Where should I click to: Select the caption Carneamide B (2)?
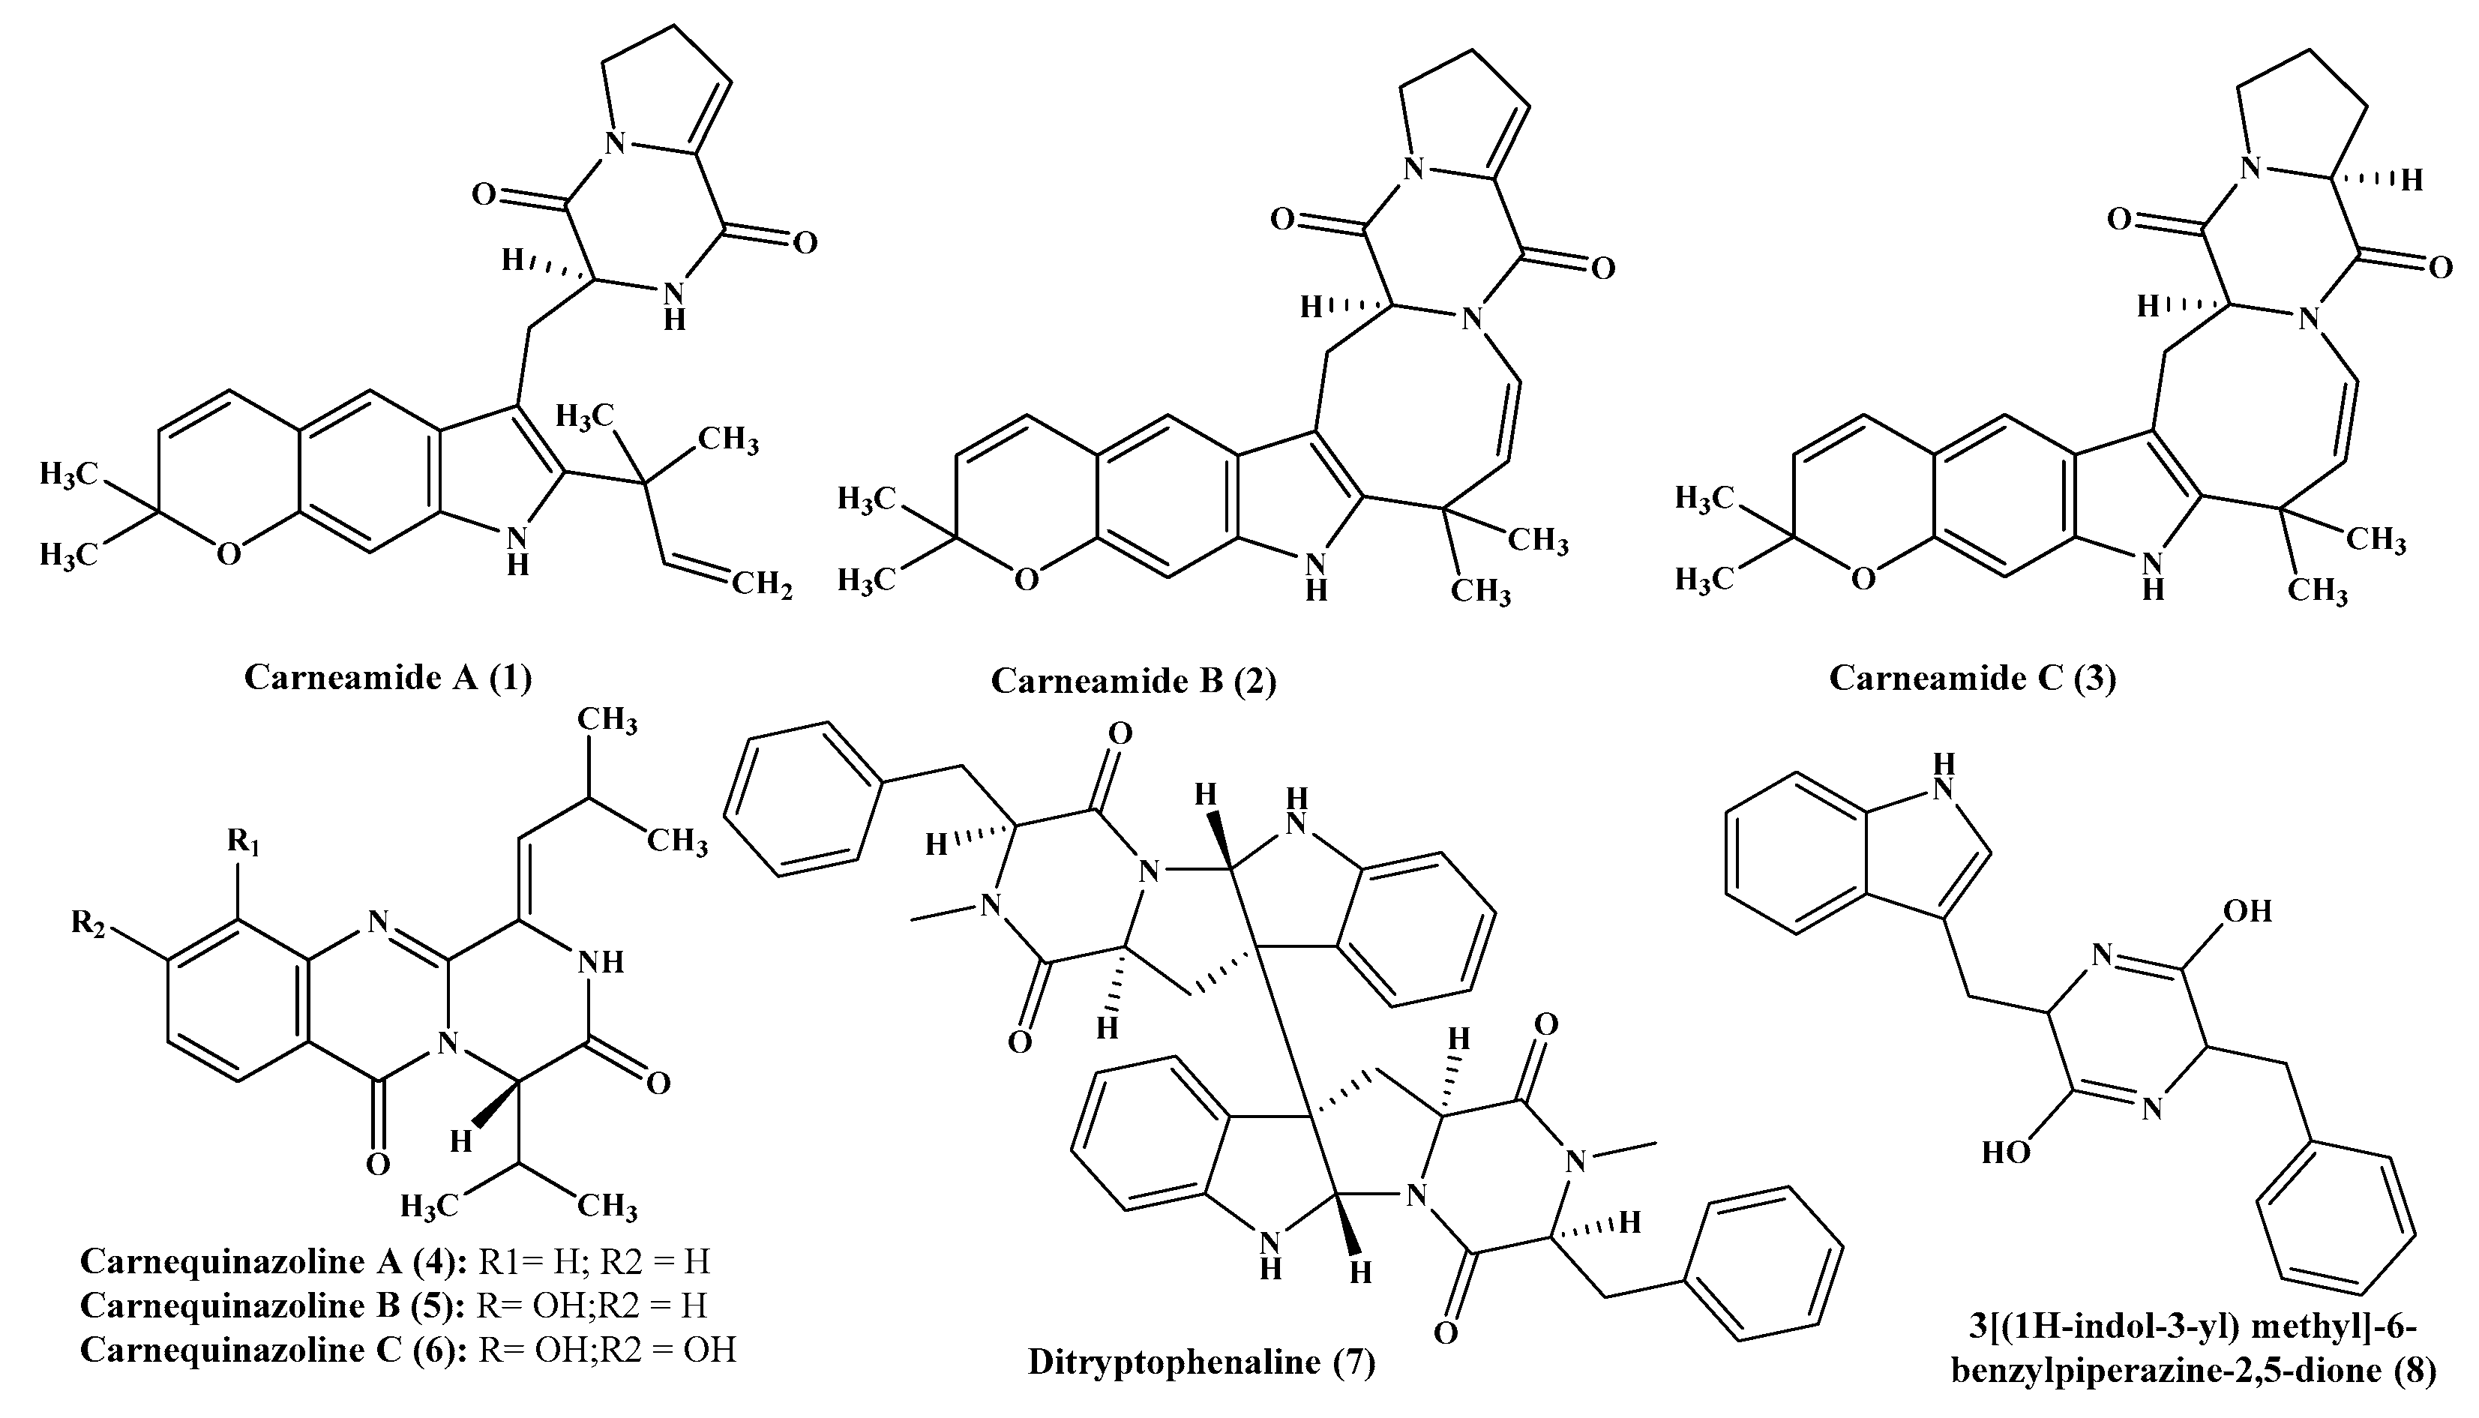click(x=1133, y=682)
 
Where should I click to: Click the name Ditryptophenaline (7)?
click(x=1201, y=1362)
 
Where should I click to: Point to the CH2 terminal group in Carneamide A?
click(x=761, y=586)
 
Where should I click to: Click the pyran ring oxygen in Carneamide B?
click(x=1025, y=580)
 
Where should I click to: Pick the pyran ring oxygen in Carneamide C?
click(x=1862, y=580)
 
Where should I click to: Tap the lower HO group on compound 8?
click(x=2006, y=1153)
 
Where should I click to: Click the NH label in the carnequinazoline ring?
click(x=600, y=963)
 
